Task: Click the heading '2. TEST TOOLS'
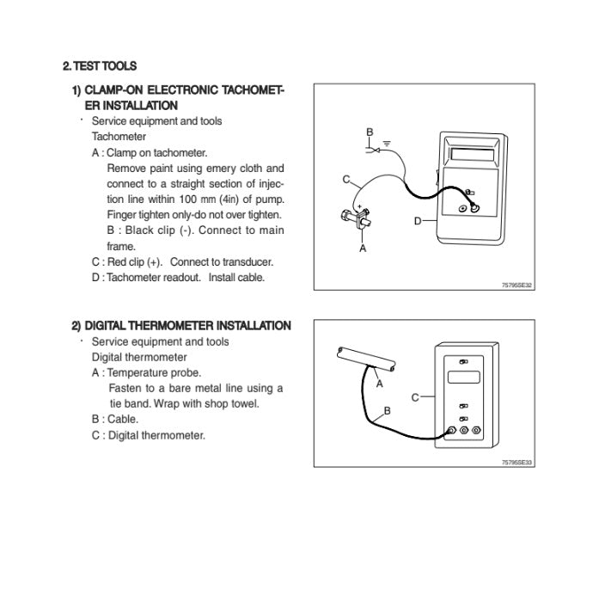click(100, 65)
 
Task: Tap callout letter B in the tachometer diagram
click(370, 132)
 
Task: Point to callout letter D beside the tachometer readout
click(418, 221)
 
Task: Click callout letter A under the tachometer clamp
click(362, 248)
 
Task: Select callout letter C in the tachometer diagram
click(345, 180)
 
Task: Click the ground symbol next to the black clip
click(388, 143)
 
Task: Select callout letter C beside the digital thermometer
click(415, 397)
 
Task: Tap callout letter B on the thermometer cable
click(387, 411)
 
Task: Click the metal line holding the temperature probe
click(365, 357)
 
